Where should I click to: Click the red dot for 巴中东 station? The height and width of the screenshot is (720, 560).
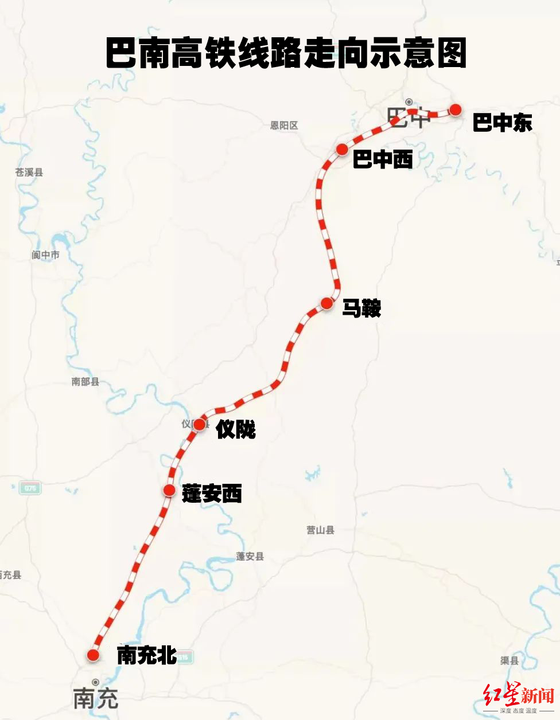click(x=456, y=109)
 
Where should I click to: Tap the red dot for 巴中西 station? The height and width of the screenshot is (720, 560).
click(x=342, y=150)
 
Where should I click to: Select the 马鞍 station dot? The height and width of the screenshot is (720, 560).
click(x=326, y=303)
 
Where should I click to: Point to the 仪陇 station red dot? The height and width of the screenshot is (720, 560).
click(x=199, y=425)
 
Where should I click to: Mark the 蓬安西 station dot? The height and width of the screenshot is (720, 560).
click(x=169, y=490)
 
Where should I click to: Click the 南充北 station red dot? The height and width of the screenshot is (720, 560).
click(x=93, y=655)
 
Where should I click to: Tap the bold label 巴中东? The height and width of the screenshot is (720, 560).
click(x=502, y=123)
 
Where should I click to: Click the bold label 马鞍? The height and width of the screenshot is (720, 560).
click(x=361, y=308)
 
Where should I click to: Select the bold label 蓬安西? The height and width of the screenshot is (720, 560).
click(x=212, y=493)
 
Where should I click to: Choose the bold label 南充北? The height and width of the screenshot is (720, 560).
click(x=146, y=655)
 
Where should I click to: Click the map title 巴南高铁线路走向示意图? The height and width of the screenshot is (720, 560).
click(x=286, y=53)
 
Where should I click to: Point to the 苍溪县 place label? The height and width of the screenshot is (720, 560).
click(x=29, y=172)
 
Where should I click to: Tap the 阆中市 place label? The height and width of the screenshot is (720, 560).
click(x=46, y=255)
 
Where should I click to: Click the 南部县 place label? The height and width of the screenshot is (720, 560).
click(x=85, y=381)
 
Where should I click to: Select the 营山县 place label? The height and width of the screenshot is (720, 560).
click(x=320, y=530)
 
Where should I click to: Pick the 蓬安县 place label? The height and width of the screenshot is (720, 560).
click(x=250, y=556)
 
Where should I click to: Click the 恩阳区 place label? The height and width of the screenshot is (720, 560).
click(x=284, y=125)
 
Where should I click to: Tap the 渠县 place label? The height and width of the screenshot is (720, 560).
click(x=509, y=660)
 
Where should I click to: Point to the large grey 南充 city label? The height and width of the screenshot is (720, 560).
click(x=96, y=698)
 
